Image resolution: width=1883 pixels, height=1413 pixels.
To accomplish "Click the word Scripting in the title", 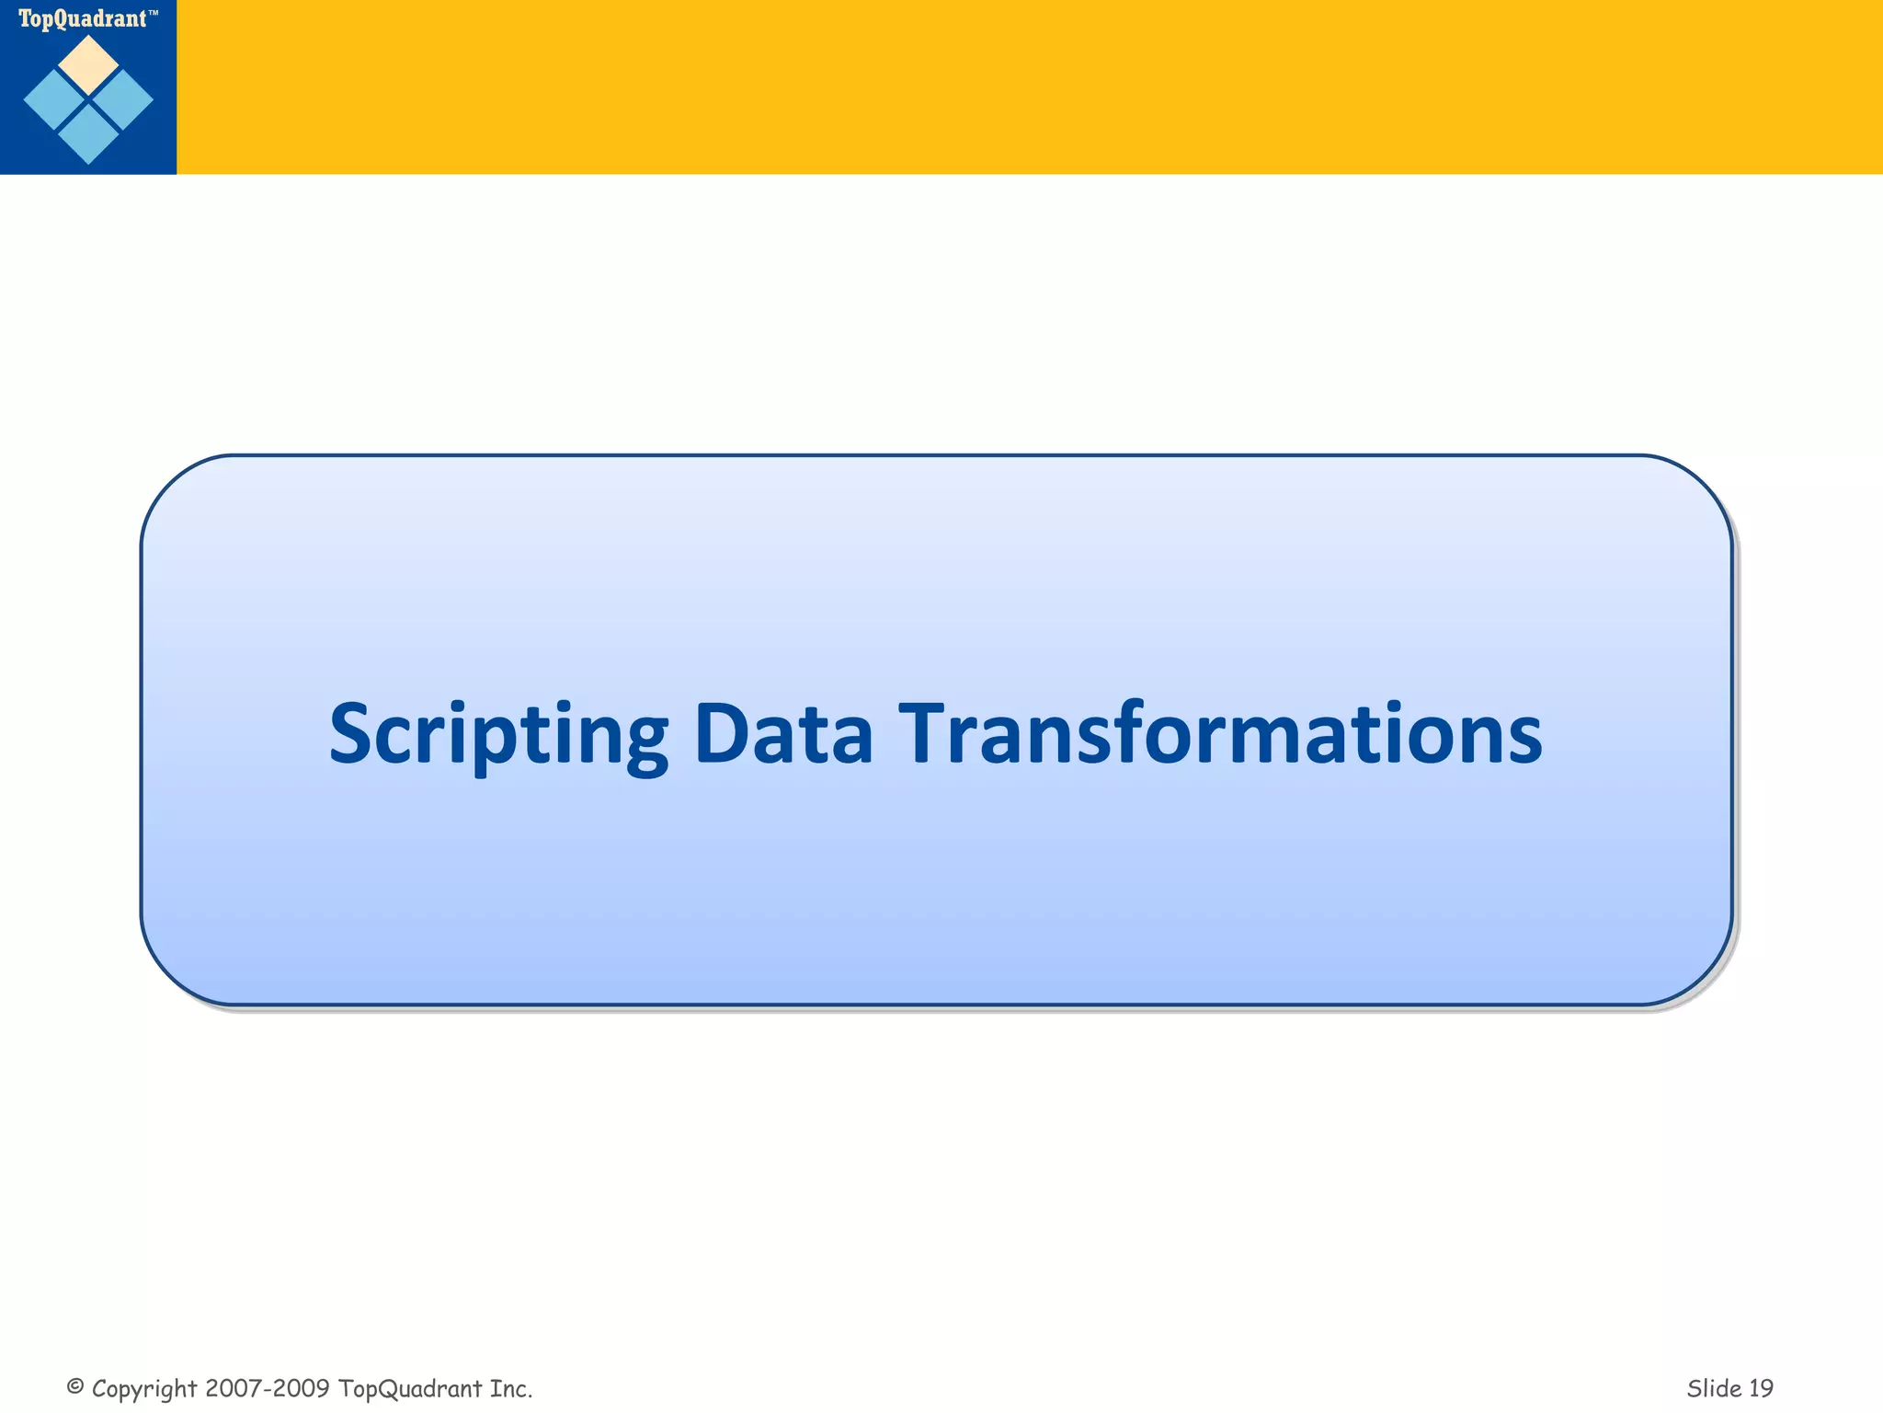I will pos(497,735).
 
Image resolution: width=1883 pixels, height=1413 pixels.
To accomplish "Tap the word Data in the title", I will pos(782,733).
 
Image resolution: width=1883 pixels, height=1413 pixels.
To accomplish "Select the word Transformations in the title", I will pos(1219,733).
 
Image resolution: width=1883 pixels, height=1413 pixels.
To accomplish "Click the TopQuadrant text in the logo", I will pos(82,18).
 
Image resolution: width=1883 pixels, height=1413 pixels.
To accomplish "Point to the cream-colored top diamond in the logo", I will pos(88,64).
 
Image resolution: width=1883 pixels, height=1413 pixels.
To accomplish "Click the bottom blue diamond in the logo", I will pos(88,134).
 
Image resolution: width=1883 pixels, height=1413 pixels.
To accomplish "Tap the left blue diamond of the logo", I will pos(54,100).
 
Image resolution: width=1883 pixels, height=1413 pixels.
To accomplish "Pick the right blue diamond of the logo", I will pos(123,100).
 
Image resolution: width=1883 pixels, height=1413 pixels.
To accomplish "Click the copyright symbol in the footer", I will pos(75,1386).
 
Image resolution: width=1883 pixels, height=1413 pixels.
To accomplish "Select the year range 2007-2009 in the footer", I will pos(268,1388).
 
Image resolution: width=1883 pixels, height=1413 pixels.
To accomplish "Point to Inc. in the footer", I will pos(511,1388).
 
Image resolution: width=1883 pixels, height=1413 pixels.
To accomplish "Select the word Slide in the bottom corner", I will pos(1713,1388).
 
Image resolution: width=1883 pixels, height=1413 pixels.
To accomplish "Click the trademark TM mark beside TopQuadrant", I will pos(153,14).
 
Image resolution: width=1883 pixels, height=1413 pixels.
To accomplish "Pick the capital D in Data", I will pos(721,733).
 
